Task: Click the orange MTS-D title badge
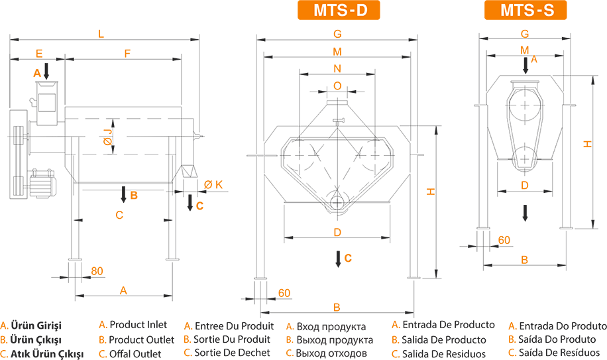coord(339,10)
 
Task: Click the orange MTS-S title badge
coord(525,10)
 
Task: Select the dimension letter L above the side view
coord(101,34)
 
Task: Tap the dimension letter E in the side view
coord(38,54)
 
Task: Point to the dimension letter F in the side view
coord(127,54)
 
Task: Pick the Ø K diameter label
coord(213,185)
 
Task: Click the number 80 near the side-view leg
coord(97,271)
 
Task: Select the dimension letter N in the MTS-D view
coord(337,68)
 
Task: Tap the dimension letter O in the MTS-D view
coord(337,86)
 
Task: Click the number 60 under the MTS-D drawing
coord(284,293)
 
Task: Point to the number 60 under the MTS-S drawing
coord(504,240)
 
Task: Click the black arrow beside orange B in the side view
coord(123,194)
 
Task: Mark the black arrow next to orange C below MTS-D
coord(338,259)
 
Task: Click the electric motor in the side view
coord(42,184)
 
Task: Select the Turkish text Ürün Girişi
coord(36,326)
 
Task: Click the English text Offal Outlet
coord(135,354)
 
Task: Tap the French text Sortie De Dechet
coord(232,353)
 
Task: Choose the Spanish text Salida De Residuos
coord(443,354)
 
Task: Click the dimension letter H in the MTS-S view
coord(587,144)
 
